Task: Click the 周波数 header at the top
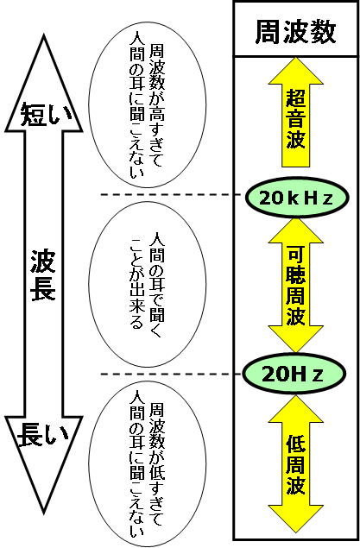point(295,32)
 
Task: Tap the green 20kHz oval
point(296,198)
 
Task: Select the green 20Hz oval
point(294,374)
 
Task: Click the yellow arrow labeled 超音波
point(296,112)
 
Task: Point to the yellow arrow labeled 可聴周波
point(296,286)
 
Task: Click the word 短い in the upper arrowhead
point(46,114)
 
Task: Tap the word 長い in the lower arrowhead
point(42,434)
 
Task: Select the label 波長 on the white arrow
point(43,274)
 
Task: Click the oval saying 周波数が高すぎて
point(147,105)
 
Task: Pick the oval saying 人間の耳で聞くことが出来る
point(147,285)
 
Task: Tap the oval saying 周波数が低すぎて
point(147,463)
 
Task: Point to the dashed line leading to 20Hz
point(171,375)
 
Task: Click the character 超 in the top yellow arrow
point(296,98)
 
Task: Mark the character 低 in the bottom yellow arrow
point(296,444)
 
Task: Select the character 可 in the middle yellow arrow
point(296,255)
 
